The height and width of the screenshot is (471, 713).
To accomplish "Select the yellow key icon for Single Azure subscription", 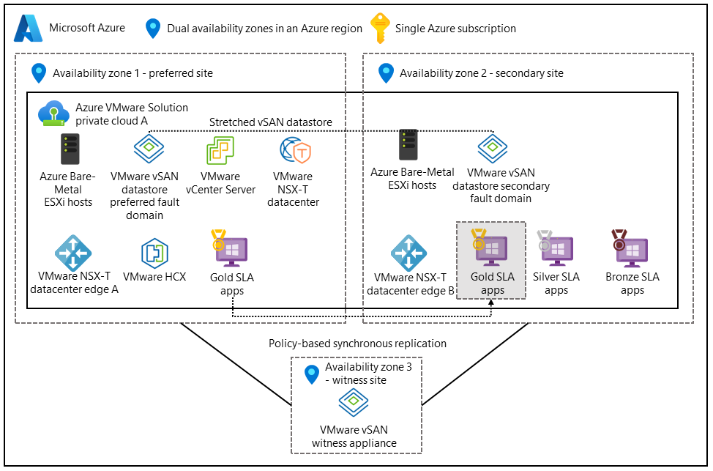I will coord(380,28).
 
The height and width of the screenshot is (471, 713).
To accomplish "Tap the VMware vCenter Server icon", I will coord(220,151).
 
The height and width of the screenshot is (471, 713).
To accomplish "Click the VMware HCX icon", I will coord(154,253).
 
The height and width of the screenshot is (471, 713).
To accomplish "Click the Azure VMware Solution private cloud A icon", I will coord(54,112).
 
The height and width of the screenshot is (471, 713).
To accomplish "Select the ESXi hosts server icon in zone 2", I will coord(408,145).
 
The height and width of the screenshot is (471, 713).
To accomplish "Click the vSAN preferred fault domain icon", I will coord(149,150).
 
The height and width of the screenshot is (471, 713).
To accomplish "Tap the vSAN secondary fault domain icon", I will coord(493,148).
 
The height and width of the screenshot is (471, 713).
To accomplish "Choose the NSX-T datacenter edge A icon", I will coord(73,253).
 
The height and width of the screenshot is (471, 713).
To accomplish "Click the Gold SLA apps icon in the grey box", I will coord(490,247).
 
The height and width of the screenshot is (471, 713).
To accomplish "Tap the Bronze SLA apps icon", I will coord(630,248).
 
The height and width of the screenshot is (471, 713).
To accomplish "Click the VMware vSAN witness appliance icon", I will coord(354,402).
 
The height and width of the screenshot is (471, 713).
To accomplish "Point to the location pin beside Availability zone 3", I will coord(313,373).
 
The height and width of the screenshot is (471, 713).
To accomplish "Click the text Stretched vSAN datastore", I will coord(271,122).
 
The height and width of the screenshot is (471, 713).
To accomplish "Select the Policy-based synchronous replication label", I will coord(357,343).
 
